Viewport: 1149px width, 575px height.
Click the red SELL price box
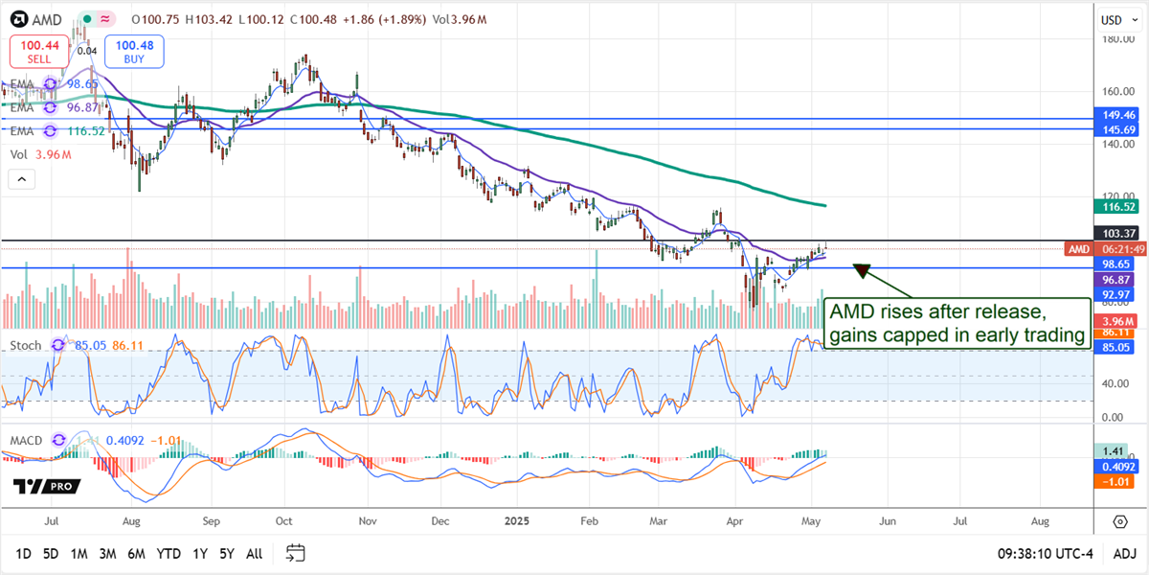(37, 52)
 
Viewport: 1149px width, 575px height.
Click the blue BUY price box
(135, 52)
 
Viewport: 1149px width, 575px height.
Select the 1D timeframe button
(24, 554)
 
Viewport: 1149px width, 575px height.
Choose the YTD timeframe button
(169, 554)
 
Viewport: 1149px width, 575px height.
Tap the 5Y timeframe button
(227, 554)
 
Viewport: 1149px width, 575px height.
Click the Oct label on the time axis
(283, 522)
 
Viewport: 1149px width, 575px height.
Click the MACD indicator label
(27, 440)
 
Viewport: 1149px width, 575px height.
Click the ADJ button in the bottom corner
(1125, 554)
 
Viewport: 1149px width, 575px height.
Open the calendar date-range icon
(295, 553)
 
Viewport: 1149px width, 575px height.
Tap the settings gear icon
(1119, 522)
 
